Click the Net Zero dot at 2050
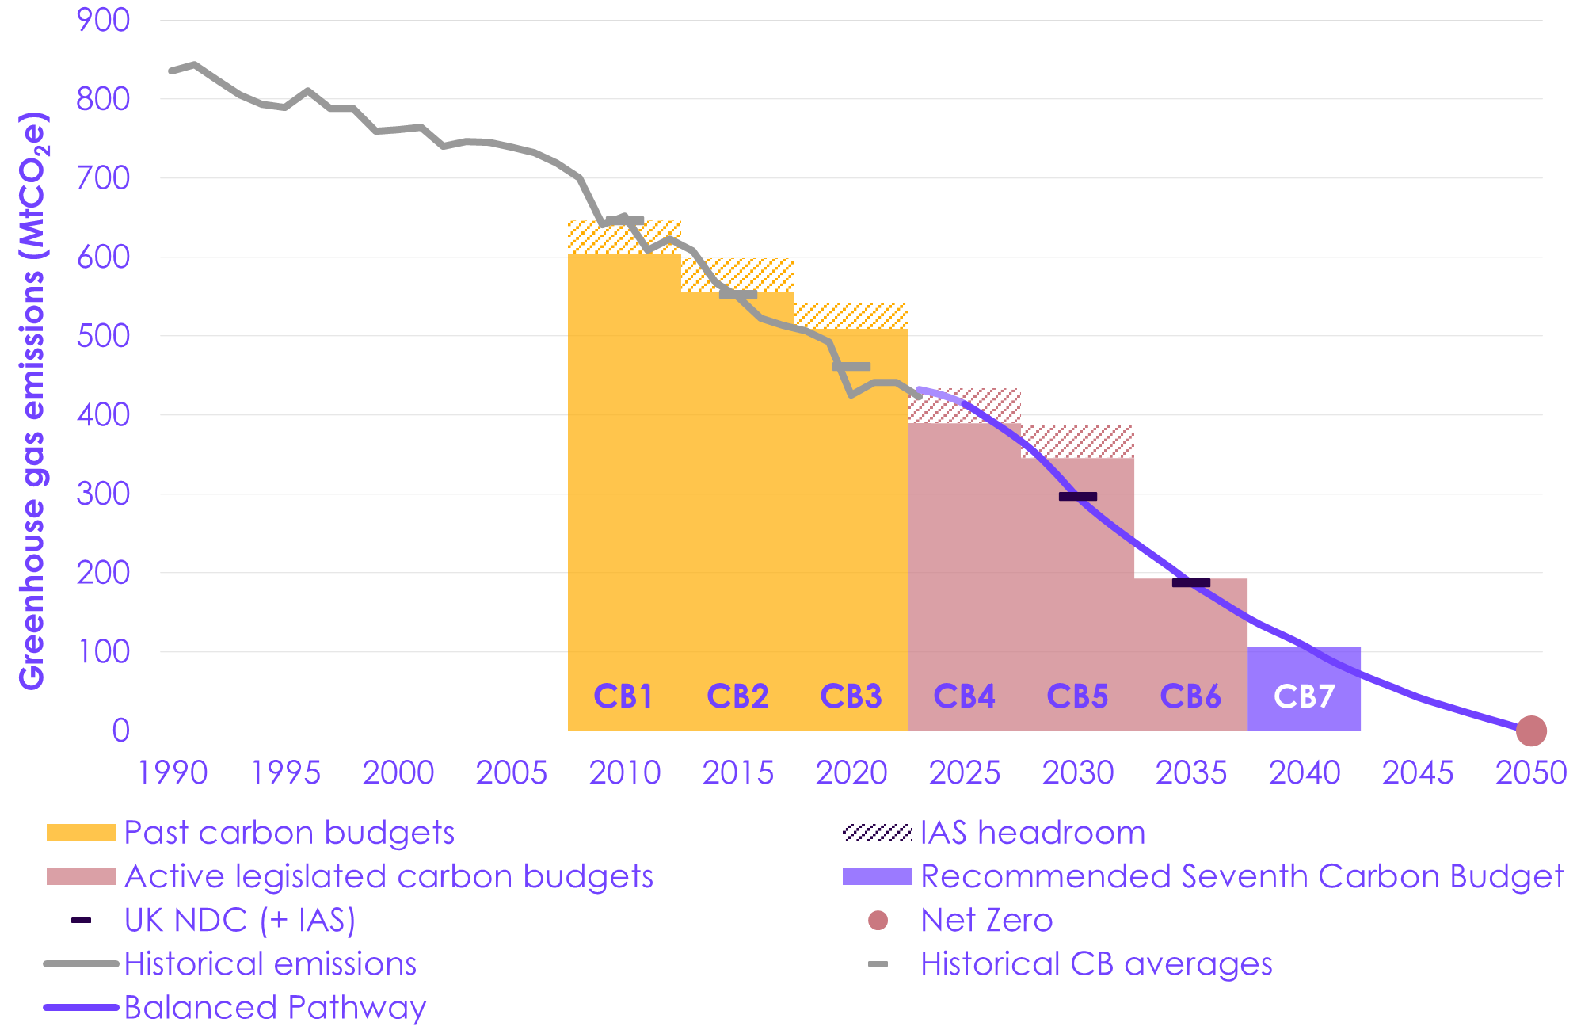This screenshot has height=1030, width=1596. tap(1530, 731)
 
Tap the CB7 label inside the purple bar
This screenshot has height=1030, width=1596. tap(1304, 696)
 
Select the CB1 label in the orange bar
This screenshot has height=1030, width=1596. tap(623, 696)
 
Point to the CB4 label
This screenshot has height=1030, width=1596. tap(964, 696)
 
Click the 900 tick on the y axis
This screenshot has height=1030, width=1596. tap(103, 20)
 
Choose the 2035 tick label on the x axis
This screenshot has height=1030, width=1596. tap(1190, 772)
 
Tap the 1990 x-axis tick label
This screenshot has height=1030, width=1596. tap(173, 772)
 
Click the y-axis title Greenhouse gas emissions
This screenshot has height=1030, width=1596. tap(33, 400)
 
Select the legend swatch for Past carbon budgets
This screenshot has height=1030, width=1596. tap(81, 833)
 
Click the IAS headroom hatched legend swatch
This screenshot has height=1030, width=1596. tap(878, 833)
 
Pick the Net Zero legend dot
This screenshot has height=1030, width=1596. tap(878, 920)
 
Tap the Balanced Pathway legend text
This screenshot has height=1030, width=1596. tap(275, 1007)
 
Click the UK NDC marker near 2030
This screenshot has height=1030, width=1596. tap(1077, 497)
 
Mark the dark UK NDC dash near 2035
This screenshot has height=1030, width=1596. tap(1190, 583)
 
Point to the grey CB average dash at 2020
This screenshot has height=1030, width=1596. tap(851, 366)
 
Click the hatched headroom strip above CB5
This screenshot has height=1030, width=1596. tap(1077, 442)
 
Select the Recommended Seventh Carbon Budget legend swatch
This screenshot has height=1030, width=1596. tap(878, 876)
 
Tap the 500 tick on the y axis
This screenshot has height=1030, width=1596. tap(103, 336)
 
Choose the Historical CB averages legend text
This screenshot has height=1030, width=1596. tap(1096, 964)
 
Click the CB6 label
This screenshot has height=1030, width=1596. tap(1190, 696)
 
